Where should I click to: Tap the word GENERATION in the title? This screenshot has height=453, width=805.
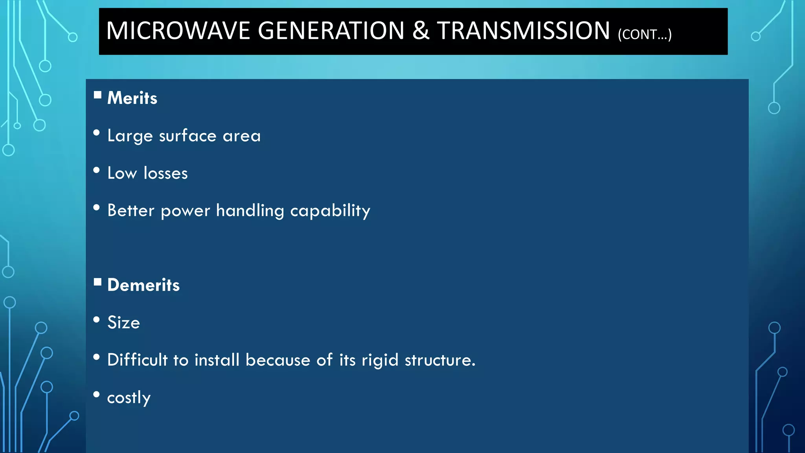coord(331,31)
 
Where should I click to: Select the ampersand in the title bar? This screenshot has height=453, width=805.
coord(421,31)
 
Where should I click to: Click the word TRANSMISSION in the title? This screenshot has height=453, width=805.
coord(524,31)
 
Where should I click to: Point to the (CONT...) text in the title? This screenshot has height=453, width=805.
coord(645,35)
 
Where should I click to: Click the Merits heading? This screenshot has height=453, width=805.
coord(132,98)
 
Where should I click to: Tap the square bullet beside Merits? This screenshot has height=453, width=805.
coord(97,95)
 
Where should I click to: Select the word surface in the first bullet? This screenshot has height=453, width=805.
coord(187,136)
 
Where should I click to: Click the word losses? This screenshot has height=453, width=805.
coord(165,173)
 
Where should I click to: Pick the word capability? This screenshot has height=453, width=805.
coord(330,211)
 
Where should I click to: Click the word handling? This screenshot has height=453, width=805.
coord(250,211)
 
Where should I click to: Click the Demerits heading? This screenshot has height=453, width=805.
coord(143,285)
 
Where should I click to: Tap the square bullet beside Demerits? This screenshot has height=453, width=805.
coord(97,282)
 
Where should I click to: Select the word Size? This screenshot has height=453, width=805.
coord(123,322)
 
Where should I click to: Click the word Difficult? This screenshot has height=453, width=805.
coord(137,360)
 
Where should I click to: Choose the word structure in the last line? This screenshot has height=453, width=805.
coord(440,360)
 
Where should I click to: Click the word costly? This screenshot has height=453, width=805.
coord(129,398)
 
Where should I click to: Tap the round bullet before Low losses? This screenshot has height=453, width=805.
coord(96,170)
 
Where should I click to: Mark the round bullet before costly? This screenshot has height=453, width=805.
coord(96,394)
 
